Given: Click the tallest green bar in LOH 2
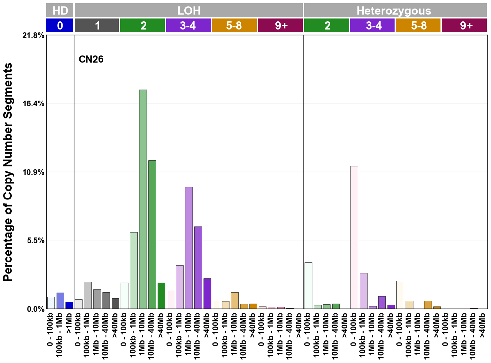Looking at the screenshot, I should coord(143,199).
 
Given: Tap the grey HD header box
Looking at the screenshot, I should coord(60,10).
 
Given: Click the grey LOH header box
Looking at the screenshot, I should coord(189,10).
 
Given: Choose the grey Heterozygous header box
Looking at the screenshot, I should coord(395,10).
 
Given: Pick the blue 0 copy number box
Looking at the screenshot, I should coord(60,26).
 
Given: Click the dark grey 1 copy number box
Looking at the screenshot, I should coord(97,26).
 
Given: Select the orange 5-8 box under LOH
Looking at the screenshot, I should coord(234,26).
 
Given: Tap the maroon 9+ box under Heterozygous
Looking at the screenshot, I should coord(464,26).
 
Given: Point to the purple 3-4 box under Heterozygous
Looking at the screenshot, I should coord(372,26).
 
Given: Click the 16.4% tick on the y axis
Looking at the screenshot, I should coord(34,104).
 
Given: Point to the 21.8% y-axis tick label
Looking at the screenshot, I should coord(34,36).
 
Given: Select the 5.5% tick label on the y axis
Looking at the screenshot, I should coord(36,241).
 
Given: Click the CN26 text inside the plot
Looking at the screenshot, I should coord(91,59).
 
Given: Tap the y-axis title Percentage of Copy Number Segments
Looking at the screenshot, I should coord(8,172).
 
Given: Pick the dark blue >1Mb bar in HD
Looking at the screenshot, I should coord(69,305).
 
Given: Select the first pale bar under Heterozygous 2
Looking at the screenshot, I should coord(308,285).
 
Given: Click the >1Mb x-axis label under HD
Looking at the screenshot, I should coord(69,324).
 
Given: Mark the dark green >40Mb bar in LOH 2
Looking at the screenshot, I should coord(161,295).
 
